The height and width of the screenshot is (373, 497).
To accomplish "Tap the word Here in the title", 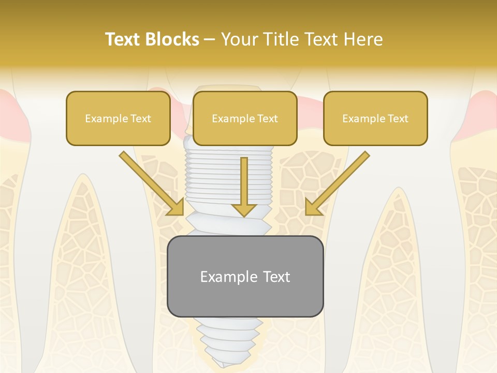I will (362, 39).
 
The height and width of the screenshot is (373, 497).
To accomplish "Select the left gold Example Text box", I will (118, 119).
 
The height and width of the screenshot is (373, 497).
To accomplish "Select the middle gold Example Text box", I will (245, 119).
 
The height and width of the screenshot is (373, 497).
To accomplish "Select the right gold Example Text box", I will (375, 119).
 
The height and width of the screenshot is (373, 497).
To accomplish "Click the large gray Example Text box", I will (245, 276).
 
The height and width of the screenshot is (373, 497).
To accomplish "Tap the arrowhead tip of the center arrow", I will (244, 214).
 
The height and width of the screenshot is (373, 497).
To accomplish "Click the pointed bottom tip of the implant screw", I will (222, 365).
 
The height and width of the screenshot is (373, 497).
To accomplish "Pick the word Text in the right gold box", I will (398, 119).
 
